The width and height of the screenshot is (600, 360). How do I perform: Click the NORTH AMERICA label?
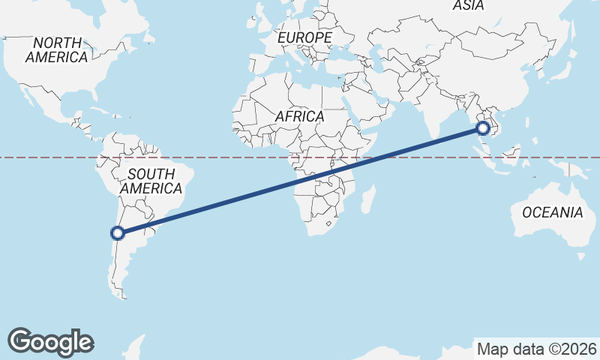57,49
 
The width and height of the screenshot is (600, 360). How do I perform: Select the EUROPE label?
304,37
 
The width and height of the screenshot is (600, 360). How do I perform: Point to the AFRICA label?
299,117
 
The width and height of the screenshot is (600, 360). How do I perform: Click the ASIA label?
468,6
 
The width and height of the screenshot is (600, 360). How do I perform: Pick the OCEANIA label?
552,212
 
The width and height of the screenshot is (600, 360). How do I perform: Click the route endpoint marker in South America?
118,232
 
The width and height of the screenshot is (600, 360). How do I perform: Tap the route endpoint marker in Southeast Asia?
482,128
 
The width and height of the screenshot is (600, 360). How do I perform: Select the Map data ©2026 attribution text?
536,349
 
